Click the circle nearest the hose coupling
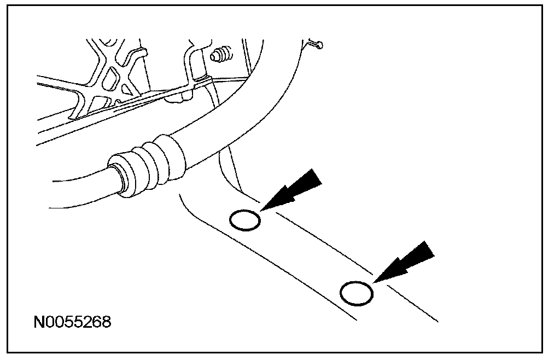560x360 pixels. point(244,220)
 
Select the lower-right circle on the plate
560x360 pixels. point(357,293)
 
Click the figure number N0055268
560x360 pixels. point(72,321)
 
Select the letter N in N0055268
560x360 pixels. point(38,321)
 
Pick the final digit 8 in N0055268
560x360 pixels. point(106,321)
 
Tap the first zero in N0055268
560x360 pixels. point(49,321)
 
